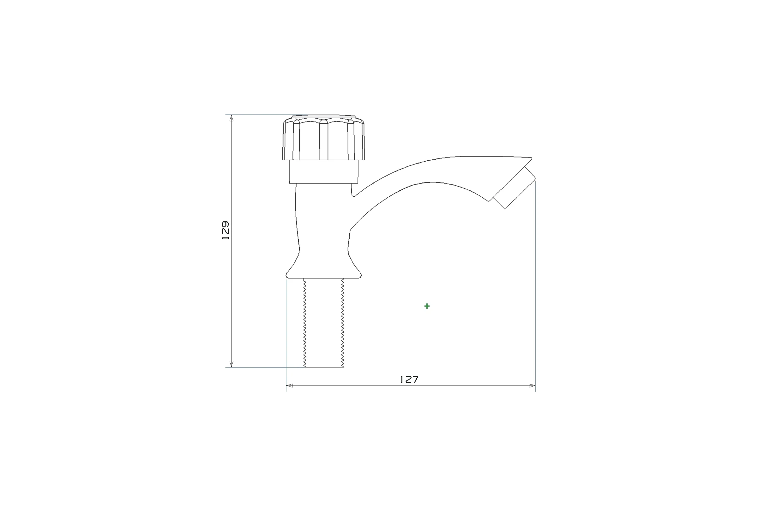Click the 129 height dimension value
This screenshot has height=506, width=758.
[x=226, y=230]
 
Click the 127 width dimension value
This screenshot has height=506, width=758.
[x=409, y=379]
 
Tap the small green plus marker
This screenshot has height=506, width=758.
[x=427, y=306]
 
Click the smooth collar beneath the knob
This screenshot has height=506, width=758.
[x=323, y=172]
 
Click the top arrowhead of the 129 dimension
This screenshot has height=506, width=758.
[x=232, y=118]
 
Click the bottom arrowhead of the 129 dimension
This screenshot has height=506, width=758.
[x=232, y=364]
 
